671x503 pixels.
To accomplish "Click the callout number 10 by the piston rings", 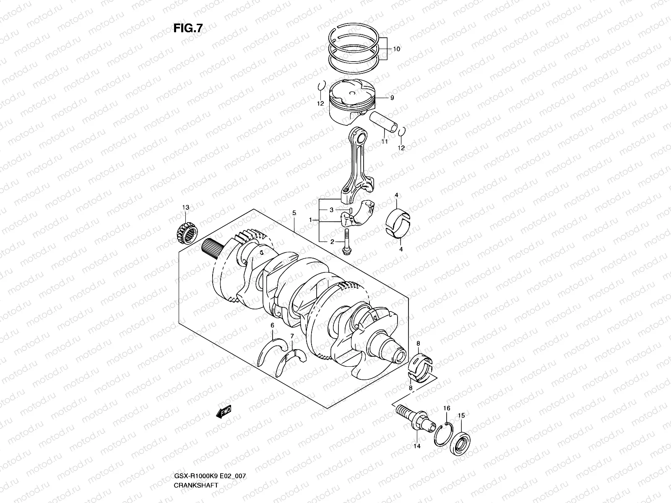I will [396, 49].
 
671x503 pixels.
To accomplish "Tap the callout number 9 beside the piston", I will [392, 98].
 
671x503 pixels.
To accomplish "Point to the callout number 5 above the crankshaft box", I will [294, 213].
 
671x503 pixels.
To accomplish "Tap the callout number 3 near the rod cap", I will [331, 210].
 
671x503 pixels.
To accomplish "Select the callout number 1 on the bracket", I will [311, 220].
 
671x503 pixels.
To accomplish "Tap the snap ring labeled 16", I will [443, 436].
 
